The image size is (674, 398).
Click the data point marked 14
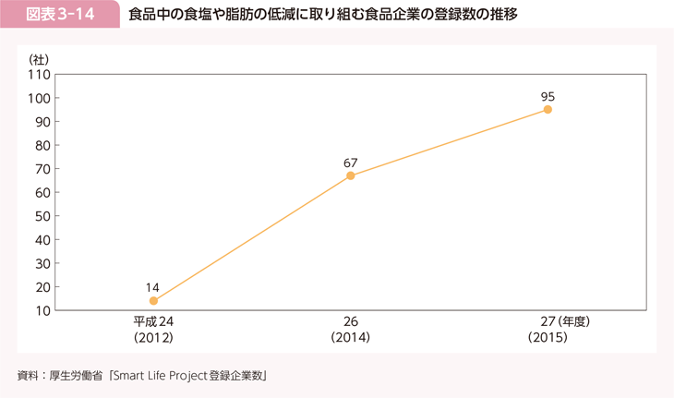point(153,301)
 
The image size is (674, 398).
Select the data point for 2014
point(351,175)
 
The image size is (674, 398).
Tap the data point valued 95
point(548,109)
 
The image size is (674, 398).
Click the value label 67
point(351,163)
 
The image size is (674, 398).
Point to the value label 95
point(548,96)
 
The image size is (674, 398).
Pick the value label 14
point(153,287)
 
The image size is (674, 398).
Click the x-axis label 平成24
point(153,322)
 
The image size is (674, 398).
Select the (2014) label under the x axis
point(351,339)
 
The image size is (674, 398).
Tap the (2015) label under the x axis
point(548,339)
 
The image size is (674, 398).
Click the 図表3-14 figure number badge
point(60,16)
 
